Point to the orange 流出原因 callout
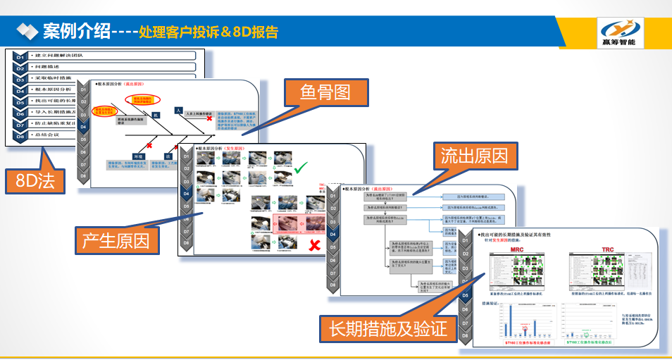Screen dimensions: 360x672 (474, 155)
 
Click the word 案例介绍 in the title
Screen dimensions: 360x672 (76, 32)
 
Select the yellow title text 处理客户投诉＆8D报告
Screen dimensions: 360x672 (209, 32)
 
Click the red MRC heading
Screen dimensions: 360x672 (516, 250)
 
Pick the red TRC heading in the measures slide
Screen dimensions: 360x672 (607, 250)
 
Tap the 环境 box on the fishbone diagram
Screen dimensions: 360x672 (138, 156)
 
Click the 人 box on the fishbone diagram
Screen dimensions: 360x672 (179, 110)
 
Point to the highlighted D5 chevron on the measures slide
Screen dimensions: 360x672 (466, 295)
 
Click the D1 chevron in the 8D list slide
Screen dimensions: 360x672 (20, 56)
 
